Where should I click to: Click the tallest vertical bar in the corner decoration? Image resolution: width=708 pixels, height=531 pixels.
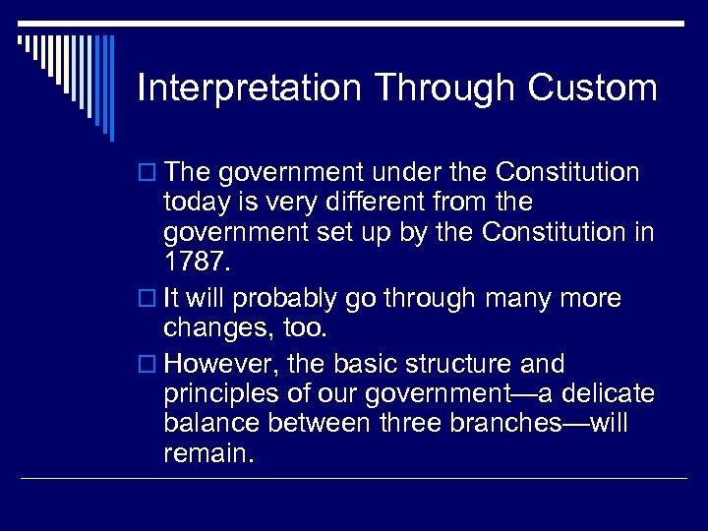[x=111, y=88]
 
